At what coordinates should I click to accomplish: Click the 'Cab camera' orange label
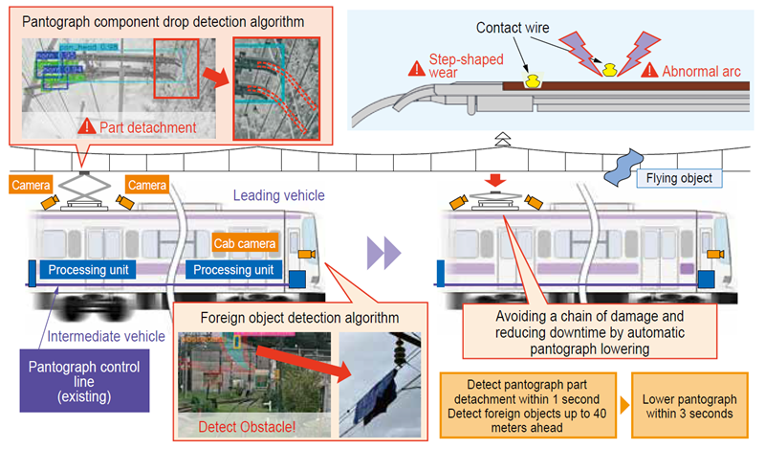[246, 244]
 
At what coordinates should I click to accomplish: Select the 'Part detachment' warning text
[149, 125]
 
